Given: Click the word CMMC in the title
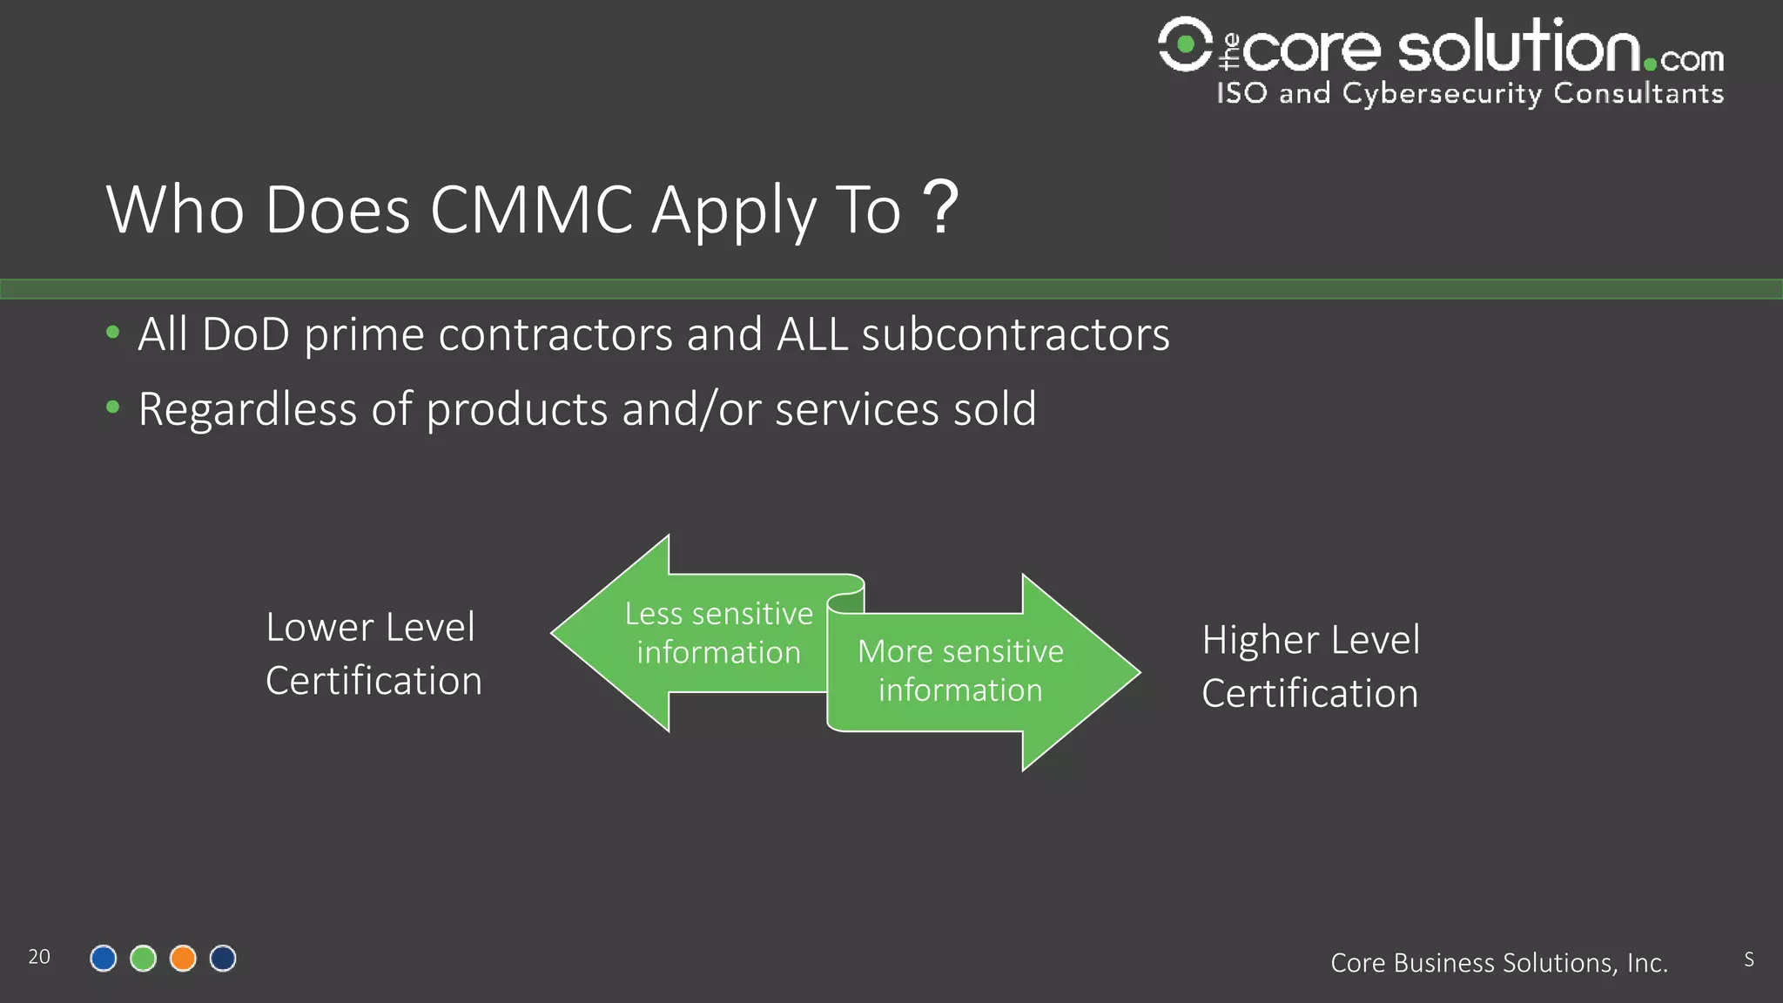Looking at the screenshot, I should [531, 210].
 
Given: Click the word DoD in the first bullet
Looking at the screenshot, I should [246, 334].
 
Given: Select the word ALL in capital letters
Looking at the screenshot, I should [811, 334].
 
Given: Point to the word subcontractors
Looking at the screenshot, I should [1015, 334].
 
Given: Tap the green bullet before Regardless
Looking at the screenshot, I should [112, 407].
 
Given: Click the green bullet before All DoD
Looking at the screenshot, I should [112, 332].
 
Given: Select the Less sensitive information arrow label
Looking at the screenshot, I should [718, 633].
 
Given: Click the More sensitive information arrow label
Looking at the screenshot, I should [959, 670].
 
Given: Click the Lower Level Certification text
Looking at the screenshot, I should [373, 653].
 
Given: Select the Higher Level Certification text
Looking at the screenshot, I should [1310, 666].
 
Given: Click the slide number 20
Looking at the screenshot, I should [39, 957].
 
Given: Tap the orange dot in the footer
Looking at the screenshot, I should [183, 959].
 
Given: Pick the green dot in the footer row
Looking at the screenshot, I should [143, 959].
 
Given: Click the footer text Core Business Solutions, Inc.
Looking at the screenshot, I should [1498, 963].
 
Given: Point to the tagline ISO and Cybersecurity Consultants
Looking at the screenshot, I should [1470, 93].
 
